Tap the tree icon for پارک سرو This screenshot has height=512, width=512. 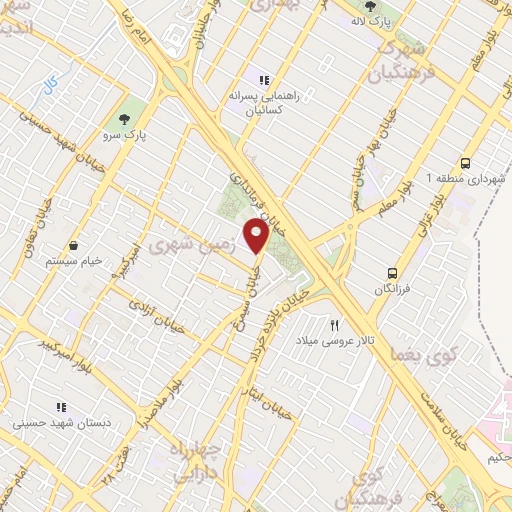tap(126, 111)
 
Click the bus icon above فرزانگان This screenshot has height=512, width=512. tap(392, 272)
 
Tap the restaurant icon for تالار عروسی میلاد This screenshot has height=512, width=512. tap(335, 325)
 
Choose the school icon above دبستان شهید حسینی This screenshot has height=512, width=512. tap(60, 407)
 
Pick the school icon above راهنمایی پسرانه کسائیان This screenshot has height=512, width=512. tap(263, 80)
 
